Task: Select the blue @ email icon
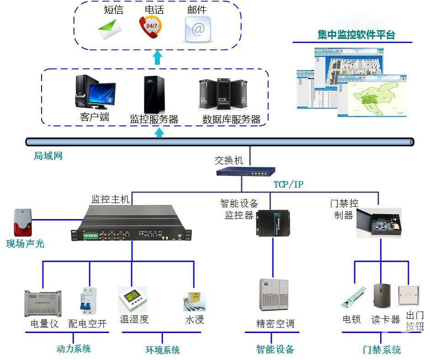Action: [x=197, y=29]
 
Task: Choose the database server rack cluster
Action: [x=225, y=94]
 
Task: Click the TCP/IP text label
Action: [x=288, y=185]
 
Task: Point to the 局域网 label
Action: [x=48, y=156]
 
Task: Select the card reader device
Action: [x=382, y=297]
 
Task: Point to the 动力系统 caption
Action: [x=74, y=349]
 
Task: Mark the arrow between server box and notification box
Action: [x=158, y=57]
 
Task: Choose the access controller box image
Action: [x=379, y=222]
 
